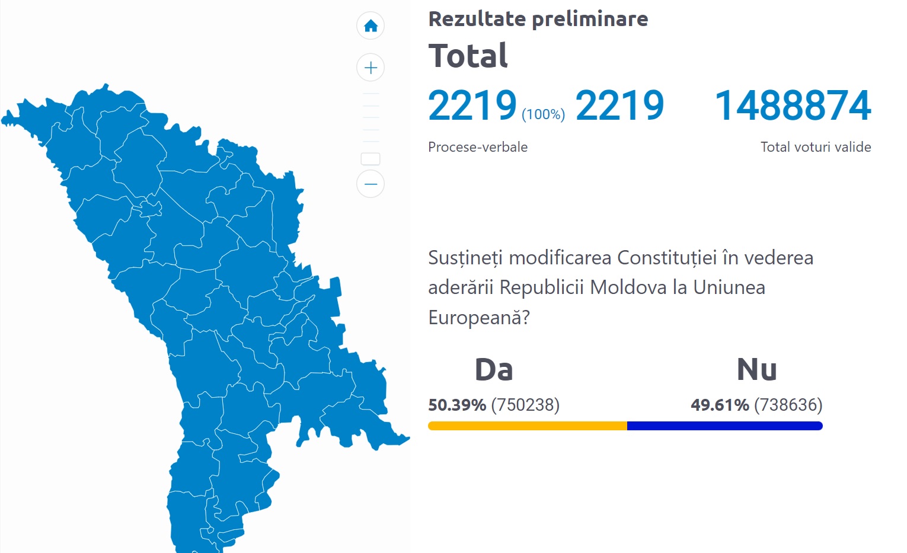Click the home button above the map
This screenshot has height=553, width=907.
point(371,26)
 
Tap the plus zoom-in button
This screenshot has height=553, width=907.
point(371,68)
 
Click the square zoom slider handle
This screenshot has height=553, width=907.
point(371,159)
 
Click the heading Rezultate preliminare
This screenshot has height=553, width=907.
point(538,19)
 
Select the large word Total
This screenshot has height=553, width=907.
point(468,56)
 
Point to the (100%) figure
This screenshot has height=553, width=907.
point(543,114)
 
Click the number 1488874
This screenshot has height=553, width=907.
point(793,106)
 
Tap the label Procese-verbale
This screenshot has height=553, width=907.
point(477,147)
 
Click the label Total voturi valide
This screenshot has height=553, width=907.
point(815,147)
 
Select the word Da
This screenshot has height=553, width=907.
point(493,370)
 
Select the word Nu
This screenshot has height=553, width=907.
point(756,370)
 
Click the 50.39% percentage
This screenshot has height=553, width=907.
point(457,405)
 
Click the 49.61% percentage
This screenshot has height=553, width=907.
point(720,405)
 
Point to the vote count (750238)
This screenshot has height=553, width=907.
point(525,405)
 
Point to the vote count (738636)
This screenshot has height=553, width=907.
point(788,405)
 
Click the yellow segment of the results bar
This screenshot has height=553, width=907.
point(527,426)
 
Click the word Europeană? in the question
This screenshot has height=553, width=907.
point(478,318)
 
